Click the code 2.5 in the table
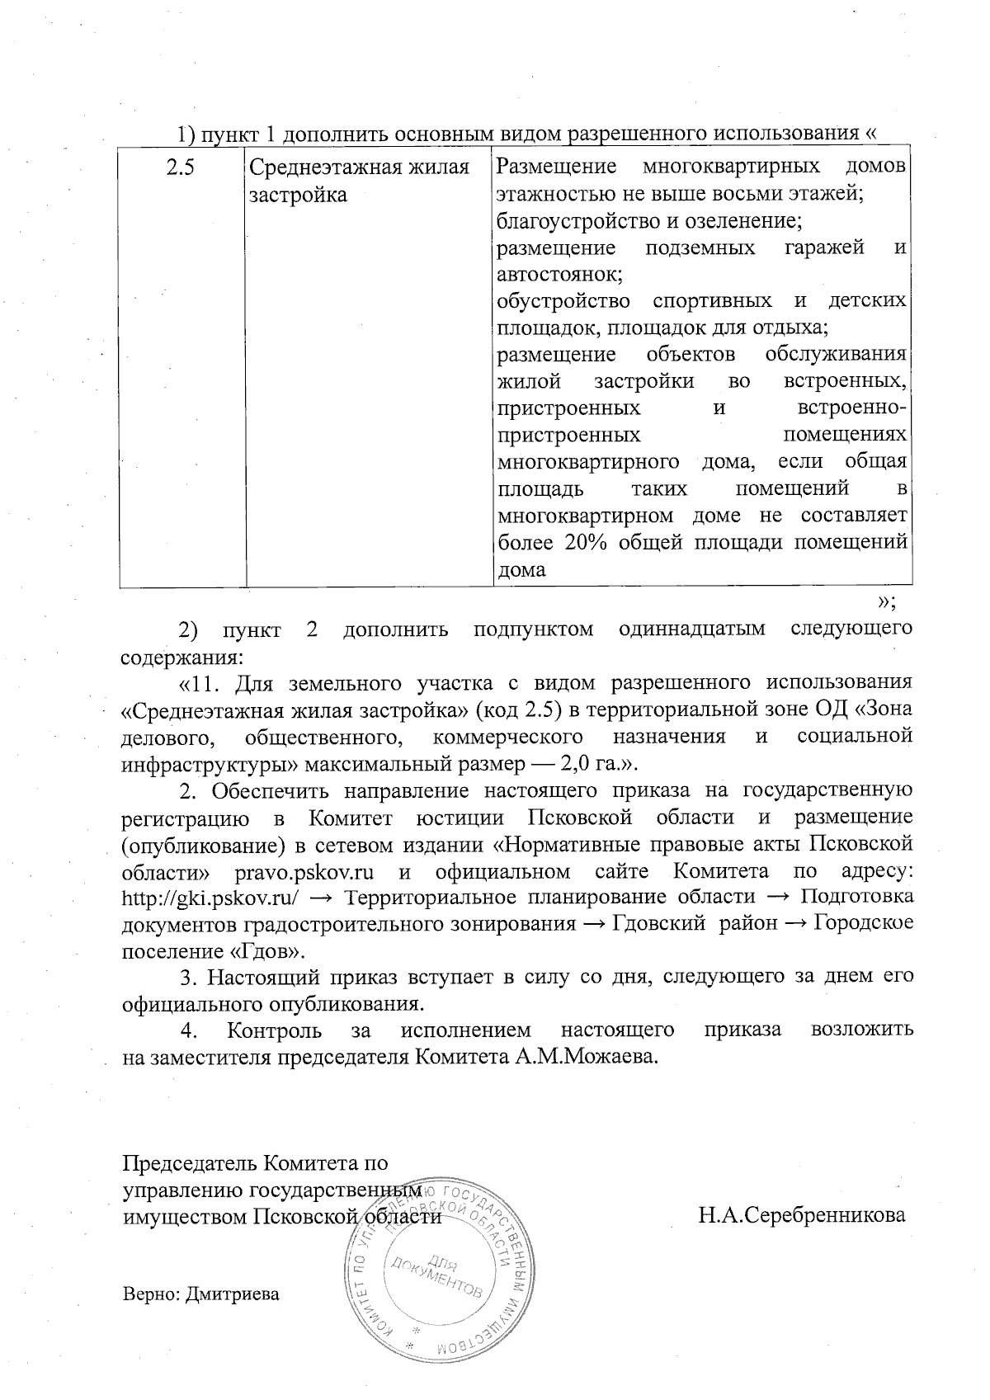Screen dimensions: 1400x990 coord(180,167)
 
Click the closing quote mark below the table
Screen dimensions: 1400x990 coord(888,600)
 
